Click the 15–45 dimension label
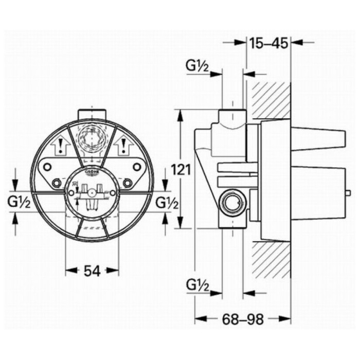tap(268, 43)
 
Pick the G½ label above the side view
tap(197, 66)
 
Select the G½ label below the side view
tap(197, 284)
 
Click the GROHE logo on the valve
tap(92, 172)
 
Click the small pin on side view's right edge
tap(349, 193)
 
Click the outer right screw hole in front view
tap(137, 167)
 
